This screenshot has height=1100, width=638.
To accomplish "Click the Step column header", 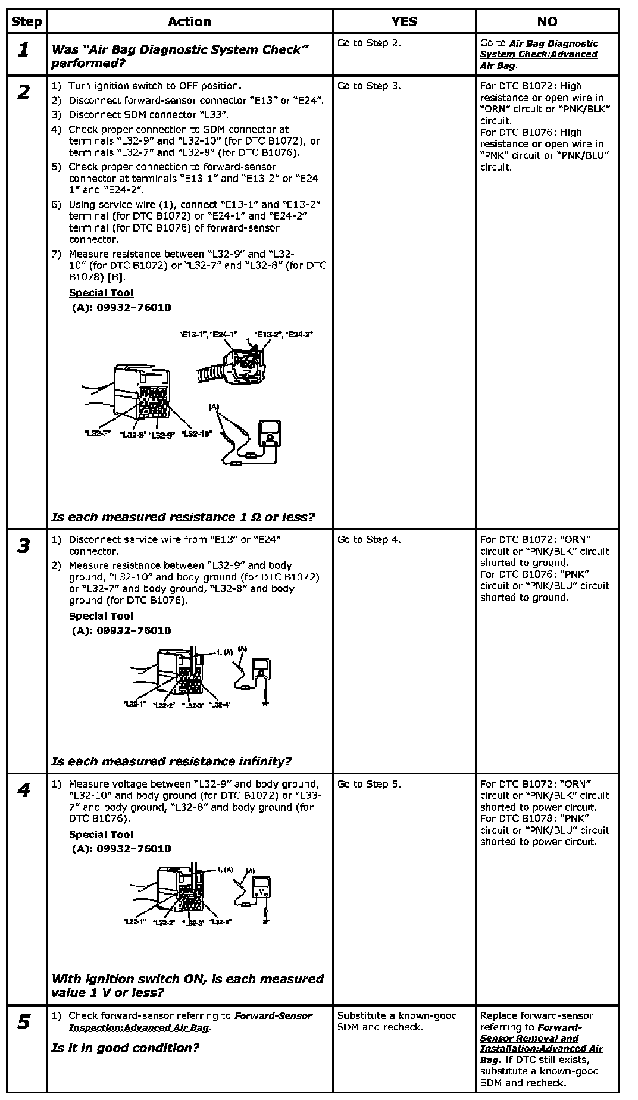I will pos(27,22).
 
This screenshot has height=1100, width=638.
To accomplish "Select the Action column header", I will pos(189,22).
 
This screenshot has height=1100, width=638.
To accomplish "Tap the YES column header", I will pos(404,22).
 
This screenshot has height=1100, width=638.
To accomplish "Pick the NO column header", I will pos(547,22).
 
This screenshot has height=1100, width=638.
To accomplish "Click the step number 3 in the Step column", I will pos(24,546).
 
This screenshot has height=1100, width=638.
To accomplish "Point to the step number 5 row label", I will pos(24,1023).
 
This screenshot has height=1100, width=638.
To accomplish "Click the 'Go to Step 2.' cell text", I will pos(369,43).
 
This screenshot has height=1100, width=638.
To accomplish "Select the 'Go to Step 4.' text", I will pos(369,540).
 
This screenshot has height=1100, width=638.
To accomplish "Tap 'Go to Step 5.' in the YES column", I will pos(369,784).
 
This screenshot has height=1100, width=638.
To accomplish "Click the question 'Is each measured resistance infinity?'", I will pos(171,761).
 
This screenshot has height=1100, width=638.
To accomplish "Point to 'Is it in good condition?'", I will pos(125,1048).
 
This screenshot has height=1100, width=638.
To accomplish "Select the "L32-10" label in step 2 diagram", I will pos(196,434).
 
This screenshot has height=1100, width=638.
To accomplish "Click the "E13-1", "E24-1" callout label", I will pos(208,335).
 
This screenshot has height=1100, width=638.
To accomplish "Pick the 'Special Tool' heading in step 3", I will pos(101,616).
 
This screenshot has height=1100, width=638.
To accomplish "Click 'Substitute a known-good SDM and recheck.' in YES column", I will pos(397,1021).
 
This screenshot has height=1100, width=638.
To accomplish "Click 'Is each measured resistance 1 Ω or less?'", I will pos(183,517).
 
